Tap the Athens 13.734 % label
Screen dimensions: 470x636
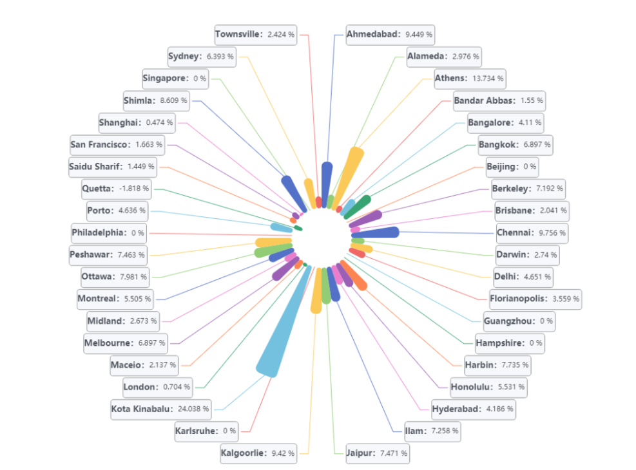[470, 78]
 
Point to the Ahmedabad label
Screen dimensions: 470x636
[389, 33]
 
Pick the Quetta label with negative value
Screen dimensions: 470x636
[117, 189]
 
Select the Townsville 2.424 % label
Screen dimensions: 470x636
[255, 34]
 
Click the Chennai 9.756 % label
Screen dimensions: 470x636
[532, 232]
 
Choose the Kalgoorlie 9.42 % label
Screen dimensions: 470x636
[258, 453]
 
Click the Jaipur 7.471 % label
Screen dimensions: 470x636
[376, 453]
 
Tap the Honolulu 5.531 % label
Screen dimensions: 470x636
[488, 387]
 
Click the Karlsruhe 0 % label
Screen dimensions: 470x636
[206, 431]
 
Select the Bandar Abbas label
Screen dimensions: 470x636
[498, 100]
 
